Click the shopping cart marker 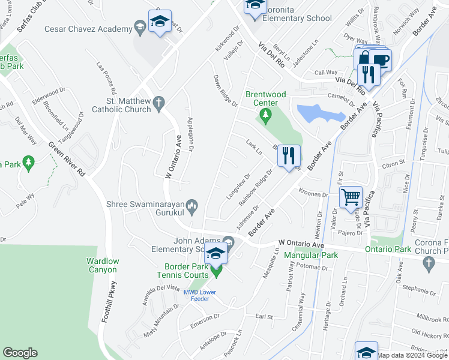351,197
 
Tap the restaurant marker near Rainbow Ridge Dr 289,156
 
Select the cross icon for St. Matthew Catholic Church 159,103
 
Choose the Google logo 20,353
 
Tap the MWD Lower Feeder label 199,296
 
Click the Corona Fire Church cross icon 429,262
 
